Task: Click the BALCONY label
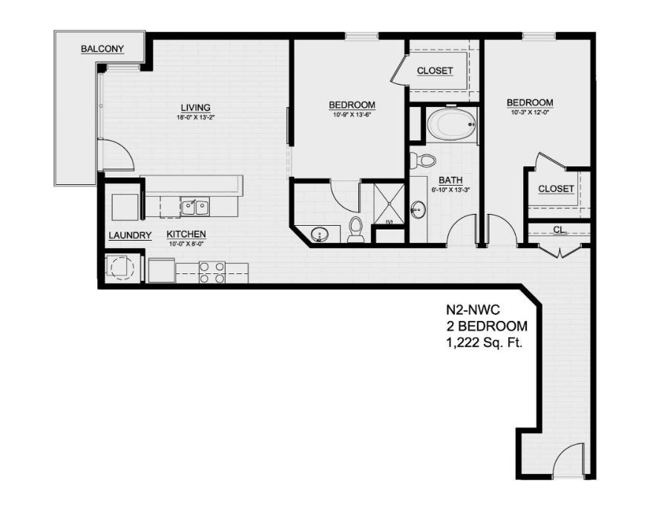tap(102, 50)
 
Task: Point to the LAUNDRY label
tap(130, 236)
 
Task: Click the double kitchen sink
tap(196, 205)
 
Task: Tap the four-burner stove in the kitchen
tap(211, 273)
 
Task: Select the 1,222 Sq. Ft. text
tap(481, 342)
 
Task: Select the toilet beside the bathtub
tap(426, 160)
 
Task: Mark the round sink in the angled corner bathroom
tap(320, 234)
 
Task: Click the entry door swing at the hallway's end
tap(571, 461)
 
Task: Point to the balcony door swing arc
tap(117, 155)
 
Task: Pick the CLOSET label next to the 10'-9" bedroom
tap(435, 71)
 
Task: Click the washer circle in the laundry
tap(119, 266)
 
